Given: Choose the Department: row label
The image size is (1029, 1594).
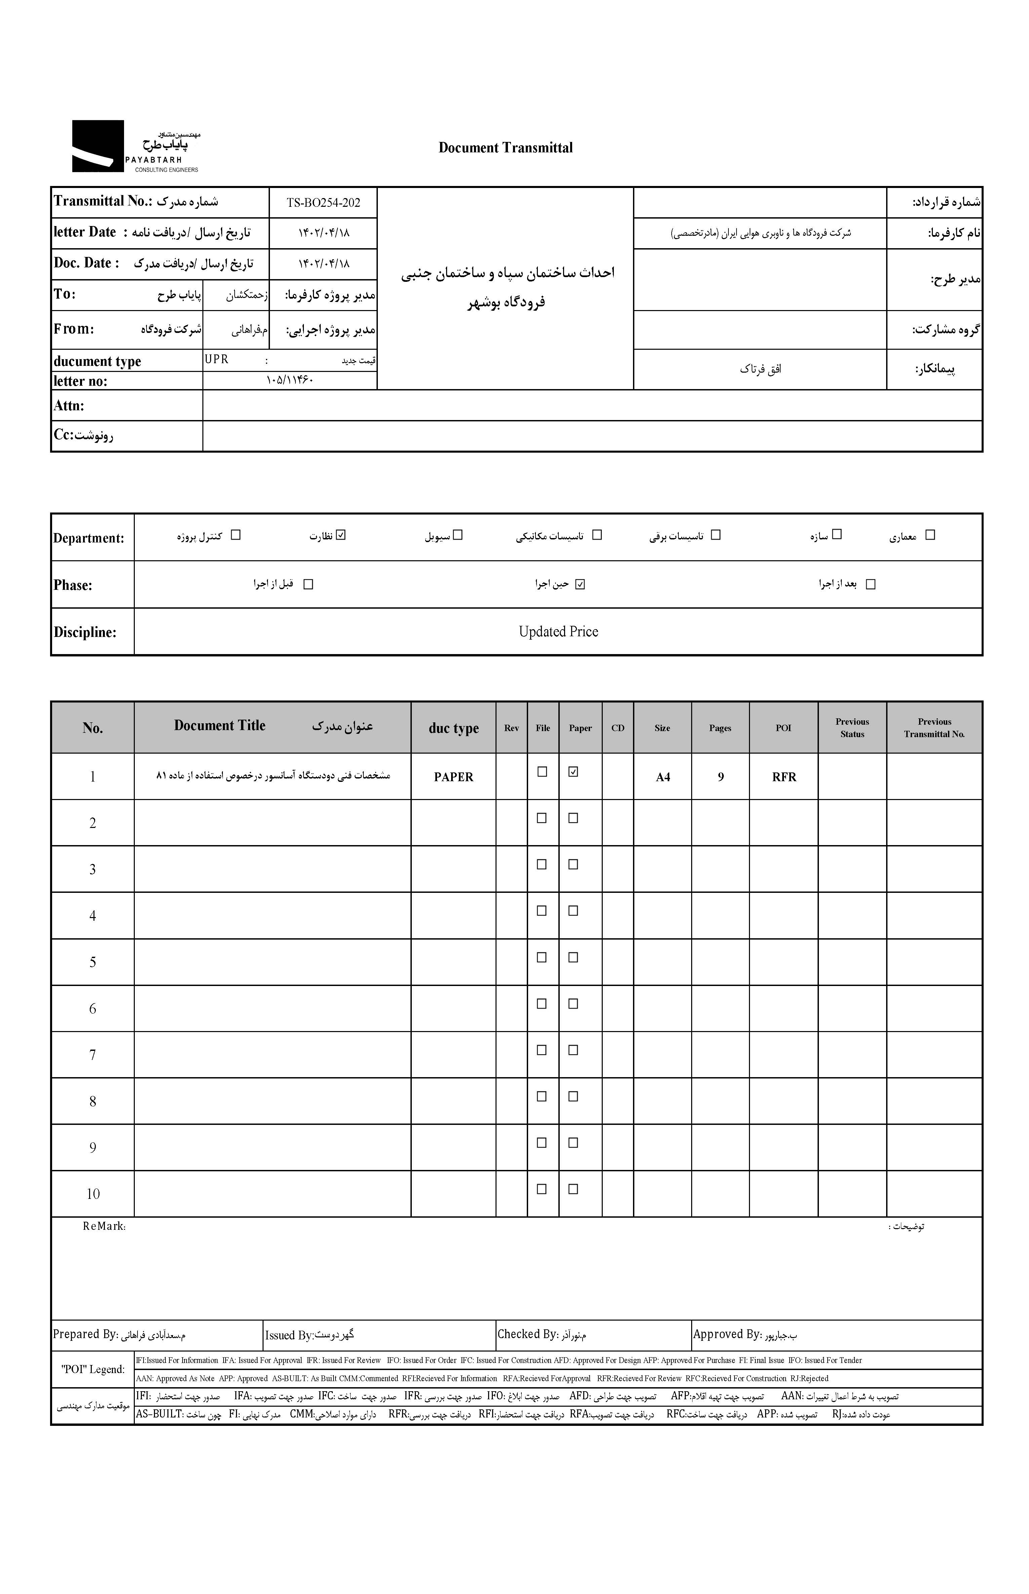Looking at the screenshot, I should pyautogui.click(x=89, y=538).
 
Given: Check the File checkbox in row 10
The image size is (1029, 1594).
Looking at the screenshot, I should pyautogui.click(x=542, y=1189).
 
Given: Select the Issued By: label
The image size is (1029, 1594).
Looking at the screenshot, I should pyautogui.click(x=289, y=1335).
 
